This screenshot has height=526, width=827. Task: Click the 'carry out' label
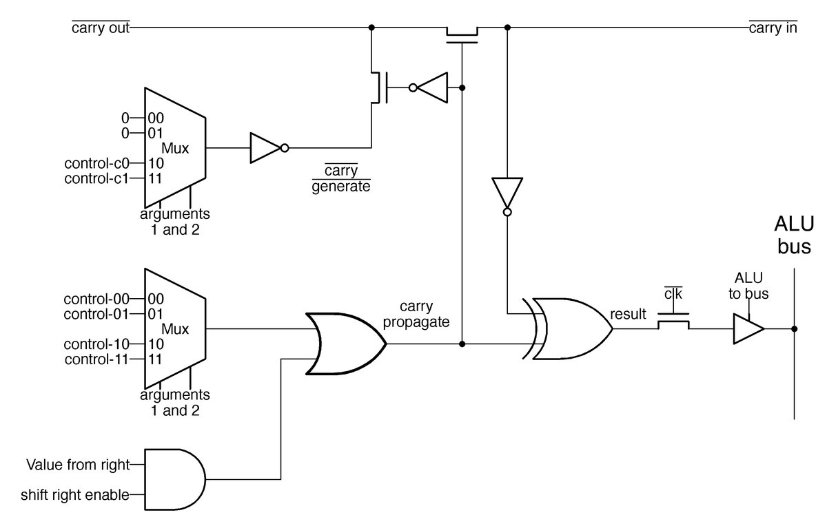pos(101,29)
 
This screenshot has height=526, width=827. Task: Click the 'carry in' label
pos(773,29)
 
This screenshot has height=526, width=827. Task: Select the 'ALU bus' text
pos(794,235)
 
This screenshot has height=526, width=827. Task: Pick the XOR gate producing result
pos(569,329)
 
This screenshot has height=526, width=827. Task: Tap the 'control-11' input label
pos(96,359)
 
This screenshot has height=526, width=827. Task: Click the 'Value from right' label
pos(78,465)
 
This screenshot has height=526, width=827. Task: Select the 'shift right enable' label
pos(75,494)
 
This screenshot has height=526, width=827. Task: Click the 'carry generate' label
pos(340,178)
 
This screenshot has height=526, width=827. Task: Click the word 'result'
pos(628,315)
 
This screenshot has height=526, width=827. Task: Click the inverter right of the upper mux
pos(266,147)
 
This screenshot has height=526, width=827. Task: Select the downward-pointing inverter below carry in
pos(507,194)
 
